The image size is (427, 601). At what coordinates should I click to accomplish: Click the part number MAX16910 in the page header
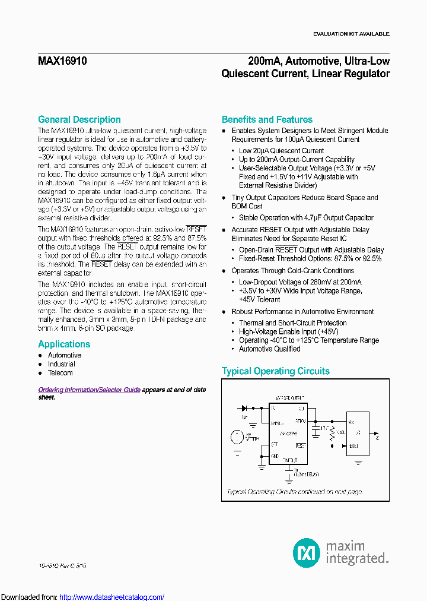63,61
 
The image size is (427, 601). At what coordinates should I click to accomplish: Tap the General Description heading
79,119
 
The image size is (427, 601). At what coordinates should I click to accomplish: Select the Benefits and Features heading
267,119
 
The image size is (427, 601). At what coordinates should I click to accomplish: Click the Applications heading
64,344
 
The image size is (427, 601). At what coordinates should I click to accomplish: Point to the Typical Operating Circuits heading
275,371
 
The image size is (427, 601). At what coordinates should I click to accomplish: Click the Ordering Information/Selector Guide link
89,390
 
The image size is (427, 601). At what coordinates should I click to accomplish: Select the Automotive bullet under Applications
65,355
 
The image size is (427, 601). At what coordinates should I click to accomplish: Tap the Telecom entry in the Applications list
60,373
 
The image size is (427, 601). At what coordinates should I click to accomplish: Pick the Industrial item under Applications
62,364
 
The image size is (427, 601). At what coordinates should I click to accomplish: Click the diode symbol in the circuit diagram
244,409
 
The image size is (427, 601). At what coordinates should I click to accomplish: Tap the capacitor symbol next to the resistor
316,431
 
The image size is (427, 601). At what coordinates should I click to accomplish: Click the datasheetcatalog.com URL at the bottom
112,597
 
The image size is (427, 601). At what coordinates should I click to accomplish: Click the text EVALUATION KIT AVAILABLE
351,34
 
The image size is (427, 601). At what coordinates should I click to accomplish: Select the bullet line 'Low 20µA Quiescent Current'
281,151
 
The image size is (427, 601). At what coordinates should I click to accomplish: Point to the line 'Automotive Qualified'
269,349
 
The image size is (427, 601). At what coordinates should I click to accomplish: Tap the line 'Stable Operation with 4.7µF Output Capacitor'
306,218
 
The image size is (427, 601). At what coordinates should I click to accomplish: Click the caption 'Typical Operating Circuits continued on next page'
295,492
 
